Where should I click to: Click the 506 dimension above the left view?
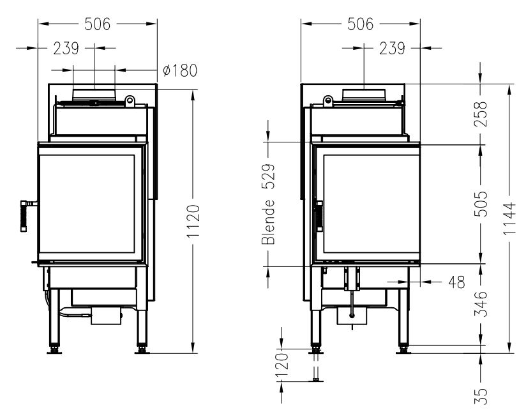point(97,24)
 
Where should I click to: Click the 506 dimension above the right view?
point(360,24)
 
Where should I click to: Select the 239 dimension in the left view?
point(66,49)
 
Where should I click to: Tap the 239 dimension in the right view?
point(392,49)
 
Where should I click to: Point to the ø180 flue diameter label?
point(180,70)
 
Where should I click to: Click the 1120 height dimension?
point(193,221)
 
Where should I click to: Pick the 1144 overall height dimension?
point(509,218)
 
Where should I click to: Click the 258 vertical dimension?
point(481,114)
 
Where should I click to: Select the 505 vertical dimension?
point(481,204)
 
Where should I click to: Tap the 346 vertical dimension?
point(481,304)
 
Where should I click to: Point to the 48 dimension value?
point(456,282)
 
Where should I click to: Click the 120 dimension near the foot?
point(282,365)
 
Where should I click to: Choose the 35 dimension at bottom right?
point(481,396)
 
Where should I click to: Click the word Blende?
point(268,222)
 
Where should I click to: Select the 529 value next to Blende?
point(268,177)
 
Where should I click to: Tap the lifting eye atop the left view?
point(130,101)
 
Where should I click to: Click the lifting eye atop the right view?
point(328,101)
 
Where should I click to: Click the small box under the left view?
point(106,316)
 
